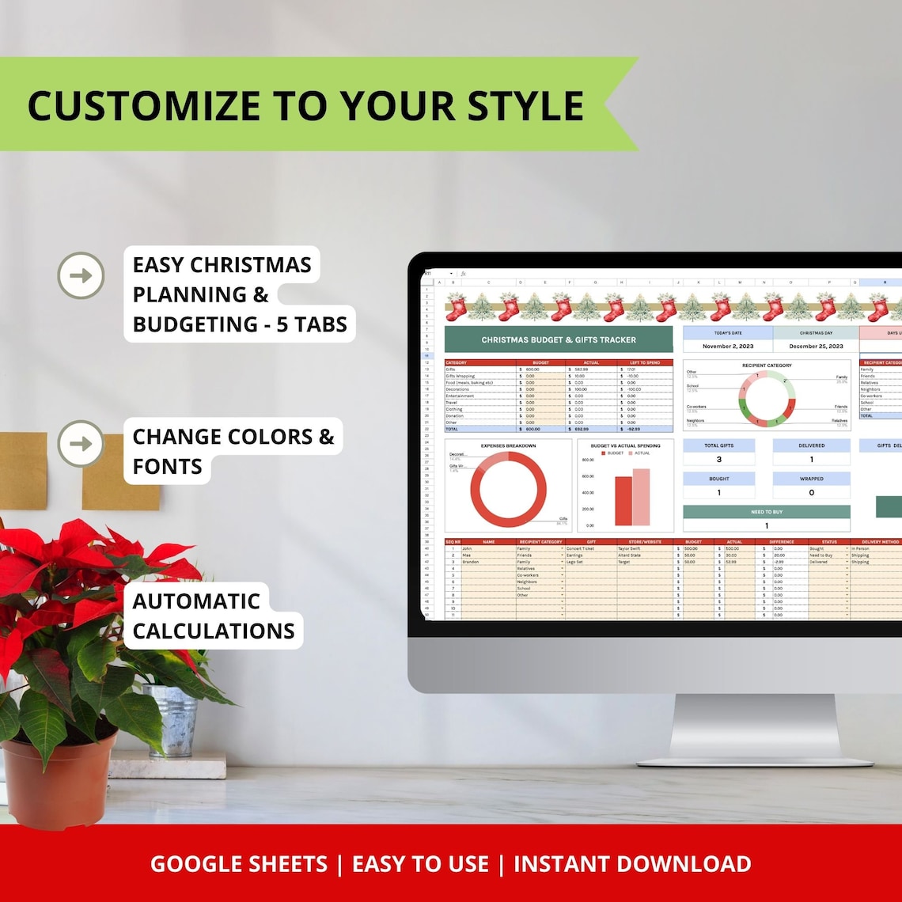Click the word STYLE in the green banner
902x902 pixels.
point(518,106)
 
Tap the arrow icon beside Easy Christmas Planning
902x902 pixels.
point(81,275)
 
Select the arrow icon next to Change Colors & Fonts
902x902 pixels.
point(81,443)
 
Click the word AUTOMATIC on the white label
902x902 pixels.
point(196,601)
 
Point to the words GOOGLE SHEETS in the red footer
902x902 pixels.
point(239,864)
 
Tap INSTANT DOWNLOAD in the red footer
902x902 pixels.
point(632,864)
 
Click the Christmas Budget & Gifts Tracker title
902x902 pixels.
point(559,339)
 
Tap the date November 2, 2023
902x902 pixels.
point(728,346)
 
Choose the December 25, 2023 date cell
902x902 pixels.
point(815,346)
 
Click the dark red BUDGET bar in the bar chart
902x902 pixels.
point(623,500)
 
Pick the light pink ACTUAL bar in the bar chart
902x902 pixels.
point(641,497)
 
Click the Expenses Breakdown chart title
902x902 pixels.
point(508,445)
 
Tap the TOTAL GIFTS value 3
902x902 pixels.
point(718,459)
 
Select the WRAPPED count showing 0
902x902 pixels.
point(811,492)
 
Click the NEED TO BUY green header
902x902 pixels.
point(766,512)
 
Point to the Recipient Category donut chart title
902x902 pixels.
point(767,366)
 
